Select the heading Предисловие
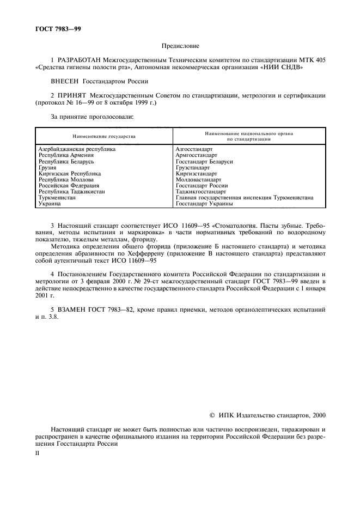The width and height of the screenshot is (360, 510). (180, 47)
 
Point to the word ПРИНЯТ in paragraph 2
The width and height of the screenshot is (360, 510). (74, 95)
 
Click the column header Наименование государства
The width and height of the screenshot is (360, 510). (103, 136)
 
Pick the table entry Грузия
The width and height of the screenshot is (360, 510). (47, 168)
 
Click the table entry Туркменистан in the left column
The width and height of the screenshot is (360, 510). (57, 198)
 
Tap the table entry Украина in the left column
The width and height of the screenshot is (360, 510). (50, 203)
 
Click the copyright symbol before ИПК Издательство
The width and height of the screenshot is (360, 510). (212, 415)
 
